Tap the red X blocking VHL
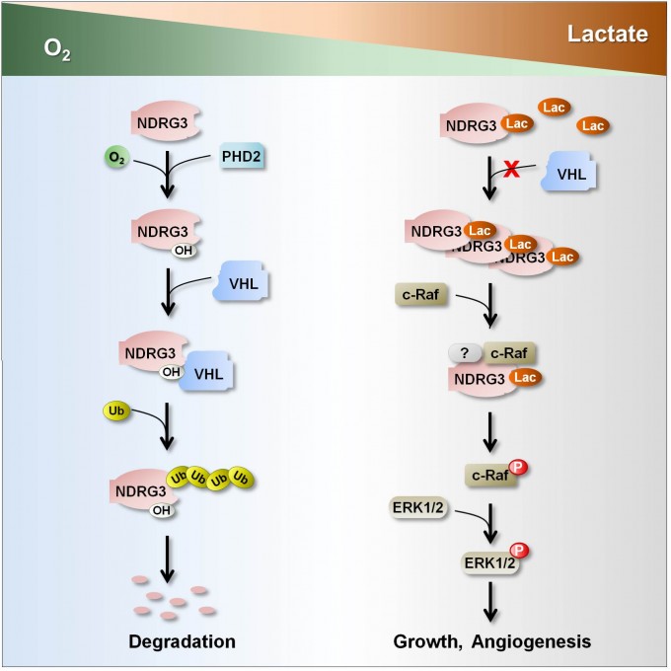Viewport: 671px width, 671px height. pyautogui.click(x=511, y=170)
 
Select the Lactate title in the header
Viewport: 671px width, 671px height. pyautogui.click(x=607, y=36)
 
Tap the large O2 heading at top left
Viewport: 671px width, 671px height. pyautogui.click(x=53, y=48)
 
